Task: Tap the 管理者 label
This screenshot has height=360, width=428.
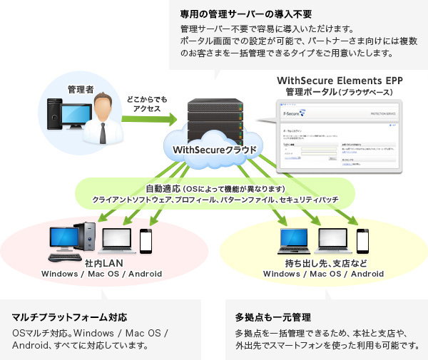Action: pos(81,90)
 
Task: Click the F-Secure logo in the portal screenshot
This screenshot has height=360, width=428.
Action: pos(292,113)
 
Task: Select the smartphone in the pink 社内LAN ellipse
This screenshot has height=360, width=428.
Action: pos(146,241)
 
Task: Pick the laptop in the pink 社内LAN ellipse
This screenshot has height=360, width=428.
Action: pos(116,242)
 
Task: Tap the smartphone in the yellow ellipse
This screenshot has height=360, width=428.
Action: pos(362,242)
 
